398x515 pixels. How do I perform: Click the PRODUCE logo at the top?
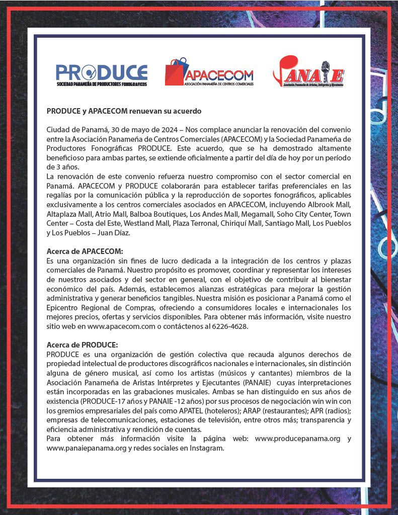pos(101,75)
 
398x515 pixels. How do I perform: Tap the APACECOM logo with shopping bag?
pos(209,72)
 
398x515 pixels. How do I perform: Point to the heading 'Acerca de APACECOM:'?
pos(85,251)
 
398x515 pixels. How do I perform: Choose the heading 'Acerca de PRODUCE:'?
pos(82,345)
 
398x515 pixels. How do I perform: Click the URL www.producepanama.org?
pos(298,439)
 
